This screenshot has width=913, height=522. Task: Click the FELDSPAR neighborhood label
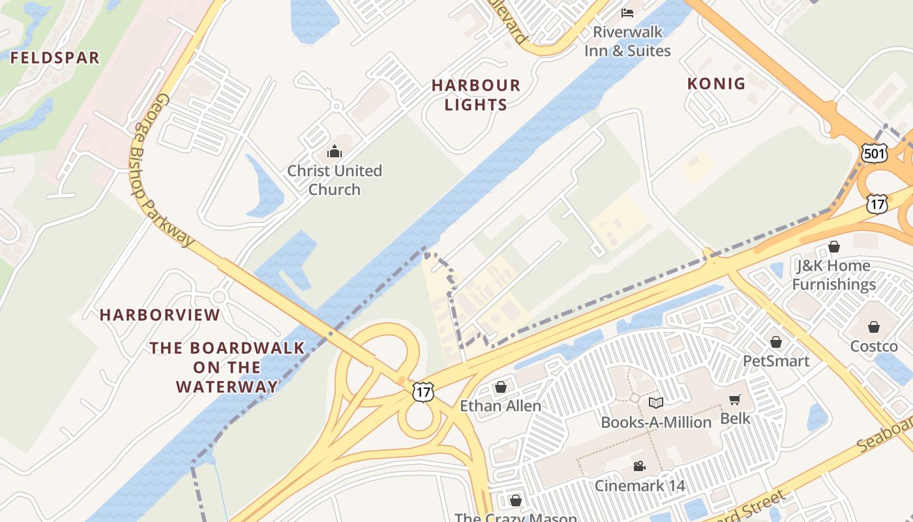[55, 57]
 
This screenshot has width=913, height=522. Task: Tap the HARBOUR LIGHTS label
[476, 95]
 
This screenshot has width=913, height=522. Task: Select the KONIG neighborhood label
[716, 84]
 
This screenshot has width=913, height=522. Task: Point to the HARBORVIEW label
[160, 315]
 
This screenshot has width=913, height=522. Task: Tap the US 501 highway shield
[873, 153]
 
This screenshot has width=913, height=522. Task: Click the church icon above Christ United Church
[335, 152]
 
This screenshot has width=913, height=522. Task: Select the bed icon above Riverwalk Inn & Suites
[627, 12]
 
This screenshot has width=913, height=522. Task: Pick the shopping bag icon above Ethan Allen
[500, 388]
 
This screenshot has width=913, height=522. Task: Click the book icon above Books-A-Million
[656, 403]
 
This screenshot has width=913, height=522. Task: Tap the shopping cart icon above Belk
[735, 399]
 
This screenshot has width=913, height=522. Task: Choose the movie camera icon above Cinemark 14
[639, 467]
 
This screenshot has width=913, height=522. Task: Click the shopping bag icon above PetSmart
[776, 342]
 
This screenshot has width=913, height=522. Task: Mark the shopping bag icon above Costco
[873, 327]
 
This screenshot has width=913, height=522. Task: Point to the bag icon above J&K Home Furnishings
[833, 247]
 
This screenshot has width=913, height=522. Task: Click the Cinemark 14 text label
[639, 485]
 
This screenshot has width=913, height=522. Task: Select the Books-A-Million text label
[656, 422]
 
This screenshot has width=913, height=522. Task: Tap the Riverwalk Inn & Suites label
[627, 41]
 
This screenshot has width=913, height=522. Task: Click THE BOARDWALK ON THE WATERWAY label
[227, 367]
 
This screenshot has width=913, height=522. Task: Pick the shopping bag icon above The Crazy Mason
[515, 500]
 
